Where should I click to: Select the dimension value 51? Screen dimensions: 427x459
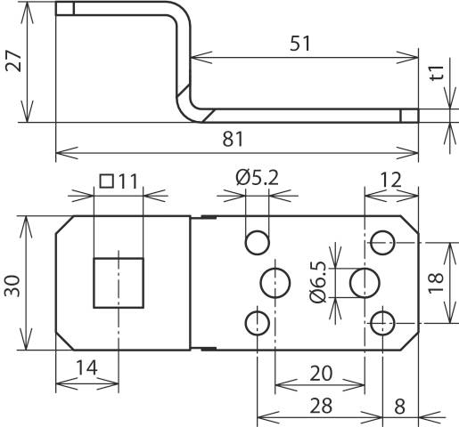tap(299, 44)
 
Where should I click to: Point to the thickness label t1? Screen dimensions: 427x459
tap(436, 75)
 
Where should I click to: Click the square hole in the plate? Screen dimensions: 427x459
tap(119, 282)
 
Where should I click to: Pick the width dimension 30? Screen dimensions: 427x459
tap(12, 285)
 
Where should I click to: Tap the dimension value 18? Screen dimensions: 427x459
tap(435, 283)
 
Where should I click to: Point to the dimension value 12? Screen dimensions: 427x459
tap(390, 180)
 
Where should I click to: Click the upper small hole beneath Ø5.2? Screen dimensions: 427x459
tap(258, 241)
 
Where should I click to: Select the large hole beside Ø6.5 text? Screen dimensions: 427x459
tap(365, 283)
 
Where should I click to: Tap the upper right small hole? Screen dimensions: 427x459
tap(384, 241)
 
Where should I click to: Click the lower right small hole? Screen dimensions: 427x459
tap(384, 321)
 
